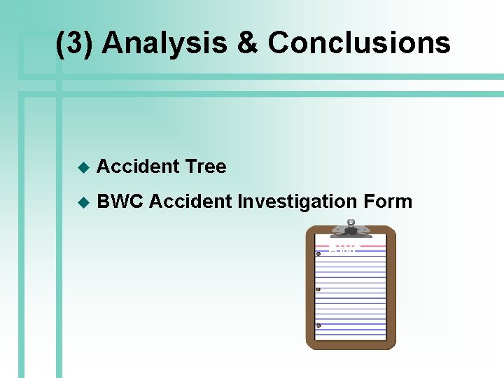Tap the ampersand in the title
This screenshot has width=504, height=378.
248,43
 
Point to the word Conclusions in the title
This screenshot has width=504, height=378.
359,43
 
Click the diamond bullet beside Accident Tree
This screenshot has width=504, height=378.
83,167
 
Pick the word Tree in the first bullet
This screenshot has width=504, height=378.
206,167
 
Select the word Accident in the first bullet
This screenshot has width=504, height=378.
138,167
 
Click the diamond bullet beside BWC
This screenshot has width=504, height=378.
83,202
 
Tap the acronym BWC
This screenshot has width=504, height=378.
120,202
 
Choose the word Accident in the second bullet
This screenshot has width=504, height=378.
190,202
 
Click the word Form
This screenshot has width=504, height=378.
388,202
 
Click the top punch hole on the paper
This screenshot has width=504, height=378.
318,253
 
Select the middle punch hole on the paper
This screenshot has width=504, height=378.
318,289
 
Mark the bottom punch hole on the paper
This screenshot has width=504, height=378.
318,325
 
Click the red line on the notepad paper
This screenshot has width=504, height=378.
364,246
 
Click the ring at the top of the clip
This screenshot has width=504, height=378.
351,223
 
